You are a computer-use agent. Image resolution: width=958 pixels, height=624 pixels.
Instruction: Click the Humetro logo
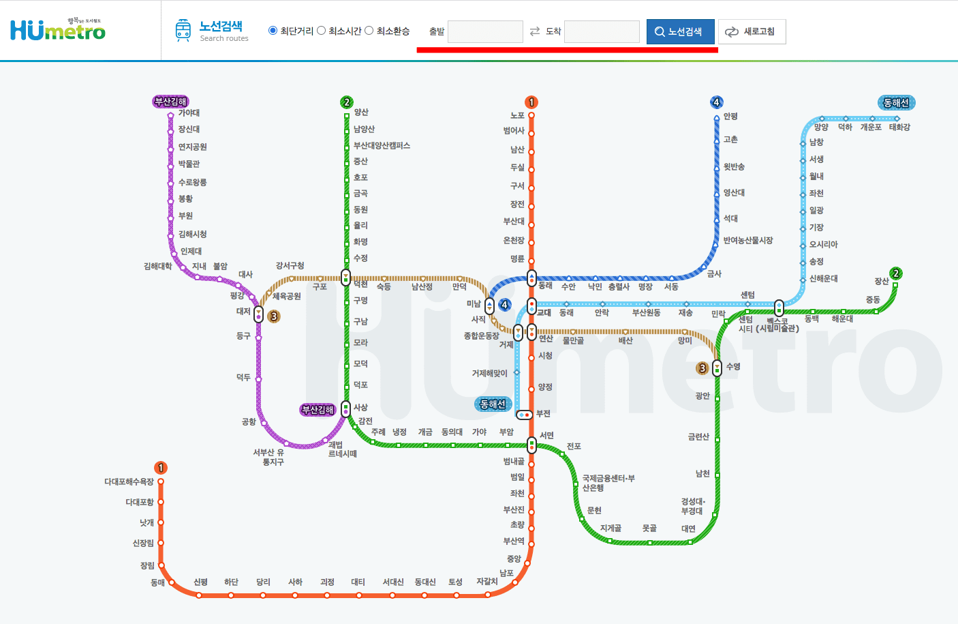click(x=58, y=30)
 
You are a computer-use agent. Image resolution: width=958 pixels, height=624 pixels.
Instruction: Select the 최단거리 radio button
click(x=273, y=31)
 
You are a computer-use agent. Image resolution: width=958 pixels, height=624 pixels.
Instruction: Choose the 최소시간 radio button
click(x=322, y=31)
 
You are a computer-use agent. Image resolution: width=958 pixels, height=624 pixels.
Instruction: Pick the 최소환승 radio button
click(x=369, y=31)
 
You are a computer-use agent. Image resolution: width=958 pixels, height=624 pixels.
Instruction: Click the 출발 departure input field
click(x=485, y=31)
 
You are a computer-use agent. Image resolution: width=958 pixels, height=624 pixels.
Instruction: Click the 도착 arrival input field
click(x=602, y=31)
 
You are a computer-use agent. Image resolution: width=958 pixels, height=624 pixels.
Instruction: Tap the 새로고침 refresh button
click(x=752, y=31)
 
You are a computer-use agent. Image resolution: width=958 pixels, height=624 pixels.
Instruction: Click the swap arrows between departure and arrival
click(x=535, y=31)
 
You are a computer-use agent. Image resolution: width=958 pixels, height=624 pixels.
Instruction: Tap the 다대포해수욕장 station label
click(x=129, y=481)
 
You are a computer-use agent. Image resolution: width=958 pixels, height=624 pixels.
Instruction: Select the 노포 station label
click(x=518, y=116)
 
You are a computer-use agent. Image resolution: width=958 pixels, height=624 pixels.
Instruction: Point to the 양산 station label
click(x=361, y=113)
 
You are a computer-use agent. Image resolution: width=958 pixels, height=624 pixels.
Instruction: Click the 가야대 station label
click(x=189, y=113)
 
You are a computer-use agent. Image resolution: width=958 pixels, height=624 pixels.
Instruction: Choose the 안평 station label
click(x=730, y=117)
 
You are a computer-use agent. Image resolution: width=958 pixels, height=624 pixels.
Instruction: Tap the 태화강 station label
click(x=899, y=128)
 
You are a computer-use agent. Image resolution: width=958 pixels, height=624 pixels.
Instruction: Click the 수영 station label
click(x=733, y=367)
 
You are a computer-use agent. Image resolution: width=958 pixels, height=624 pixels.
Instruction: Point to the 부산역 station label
click(x=514, y=541)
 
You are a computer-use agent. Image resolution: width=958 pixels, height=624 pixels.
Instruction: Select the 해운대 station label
click(x=842, y=319)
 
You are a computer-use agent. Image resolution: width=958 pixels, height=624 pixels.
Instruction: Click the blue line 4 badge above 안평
click(x=716, y=102)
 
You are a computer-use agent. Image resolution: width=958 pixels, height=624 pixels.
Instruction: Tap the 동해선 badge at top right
click(x=896, y=103)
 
